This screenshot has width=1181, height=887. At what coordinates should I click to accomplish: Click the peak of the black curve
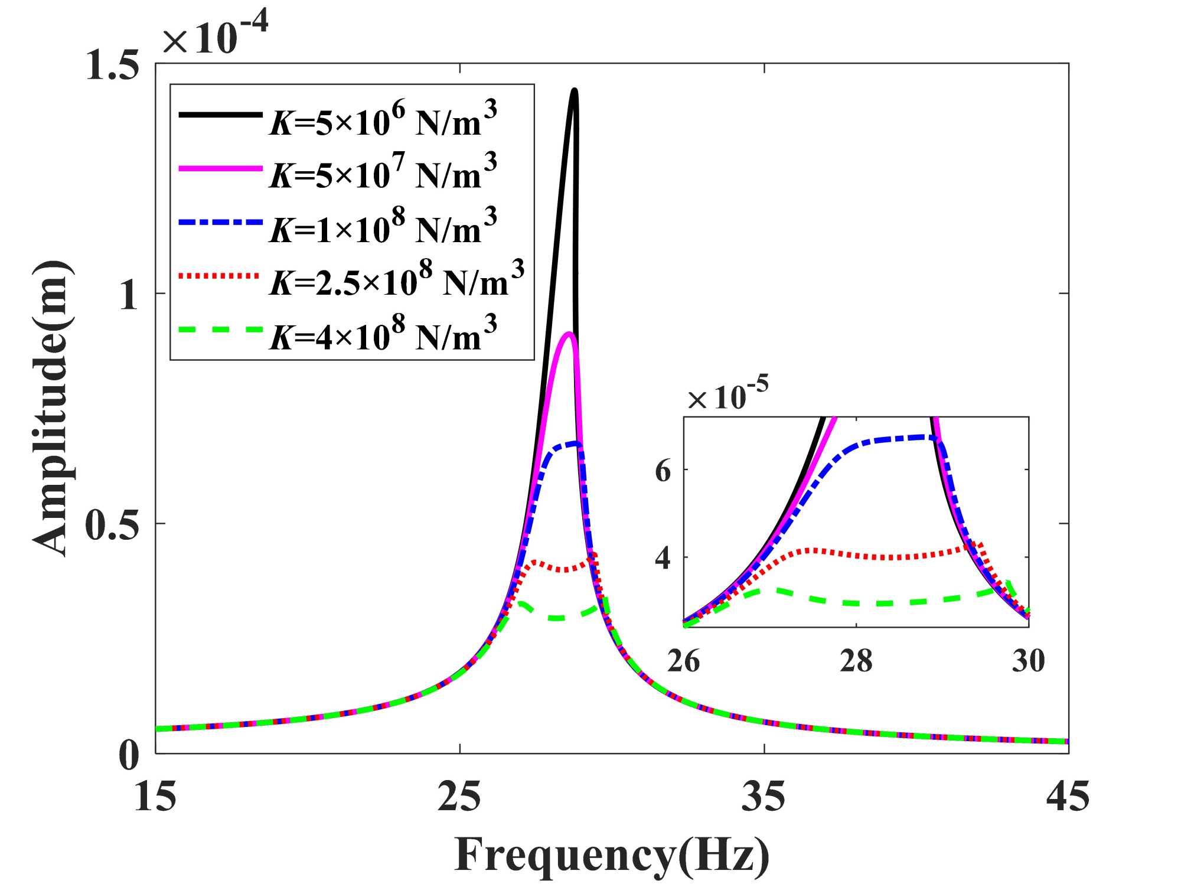tap(574, 90)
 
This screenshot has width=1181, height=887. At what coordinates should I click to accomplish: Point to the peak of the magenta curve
tap(569, 334)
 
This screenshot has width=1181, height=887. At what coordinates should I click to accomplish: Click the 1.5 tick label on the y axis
tap(112, 64)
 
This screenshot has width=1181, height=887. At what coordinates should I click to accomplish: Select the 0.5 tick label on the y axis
tap(112, 524)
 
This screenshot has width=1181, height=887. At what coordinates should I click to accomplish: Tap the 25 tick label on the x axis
tap(459, 796)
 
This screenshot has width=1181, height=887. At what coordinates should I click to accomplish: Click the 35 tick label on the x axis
tap(764, 796)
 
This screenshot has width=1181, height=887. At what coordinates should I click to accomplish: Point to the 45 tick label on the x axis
tap(1068, 796)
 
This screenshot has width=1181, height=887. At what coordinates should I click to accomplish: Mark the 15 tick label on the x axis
tap(155, 796)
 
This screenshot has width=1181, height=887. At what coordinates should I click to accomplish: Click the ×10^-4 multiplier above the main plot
tap(215, 34)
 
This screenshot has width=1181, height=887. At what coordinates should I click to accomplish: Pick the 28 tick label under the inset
tap(856, 660)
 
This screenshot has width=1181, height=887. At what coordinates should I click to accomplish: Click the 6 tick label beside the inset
tap(663, 471)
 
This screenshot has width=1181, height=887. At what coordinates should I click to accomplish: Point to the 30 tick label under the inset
tap(1028, 660)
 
